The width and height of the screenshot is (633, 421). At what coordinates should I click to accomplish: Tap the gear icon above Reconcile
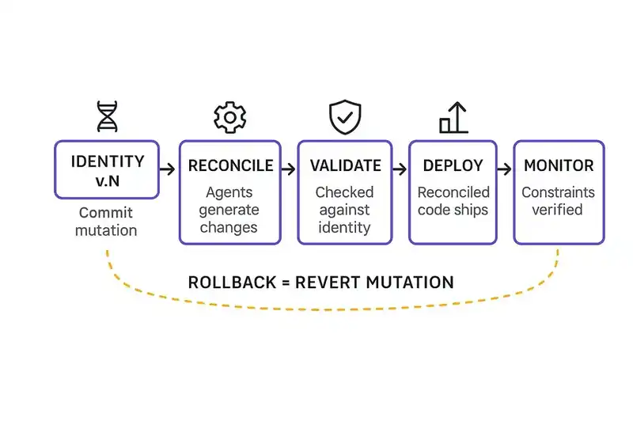[229, 117]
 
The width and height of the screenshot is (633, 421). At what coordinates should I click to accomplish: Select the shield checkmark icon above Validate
[345, 117]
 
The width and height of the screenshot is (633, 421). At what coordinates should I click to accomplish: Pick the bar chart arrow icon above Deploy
[453, 118]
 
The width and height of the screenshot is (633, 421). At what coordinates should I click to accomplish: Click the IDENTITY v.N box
[107, 169]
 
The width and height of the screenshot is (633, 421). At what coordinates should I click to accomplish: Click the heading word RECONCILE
[230, 166]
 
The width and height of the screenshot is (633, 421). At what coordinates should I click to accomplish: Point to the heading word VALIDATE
[345, 166]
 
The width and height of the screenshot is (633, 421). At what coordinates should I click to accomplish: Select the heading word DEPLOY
[453, 166]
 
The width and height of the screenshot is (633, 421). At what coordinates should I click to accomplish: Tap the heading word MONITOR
[559, 166]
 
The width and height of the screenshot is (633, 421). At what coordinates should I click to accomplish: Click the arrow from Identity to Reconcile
[168, 169]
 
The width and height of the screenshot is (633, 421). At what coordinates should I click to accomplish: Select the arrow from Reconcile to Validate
[289, 169]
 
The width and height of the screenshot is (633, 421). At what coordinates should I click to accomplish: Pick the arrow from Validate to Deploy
[400, 169]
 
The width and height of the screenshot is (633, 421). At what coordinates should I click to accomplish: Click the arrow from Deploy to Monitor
[505, 169]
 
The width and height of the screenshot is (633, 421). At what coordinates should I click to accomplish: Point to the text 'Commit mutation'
[106, 222]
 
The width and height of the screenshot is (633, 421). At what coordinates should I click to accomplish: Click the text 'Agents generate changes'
[229, 210]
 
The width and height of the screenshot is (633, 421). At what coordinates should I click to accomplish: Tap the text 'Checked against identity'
[344, 210]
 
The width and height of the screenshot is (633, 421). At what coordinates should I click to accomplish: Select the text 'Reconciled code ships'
[453, 201]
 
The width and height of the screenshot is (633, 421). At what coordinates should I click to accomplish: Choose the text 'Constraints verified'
[557, 201]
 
